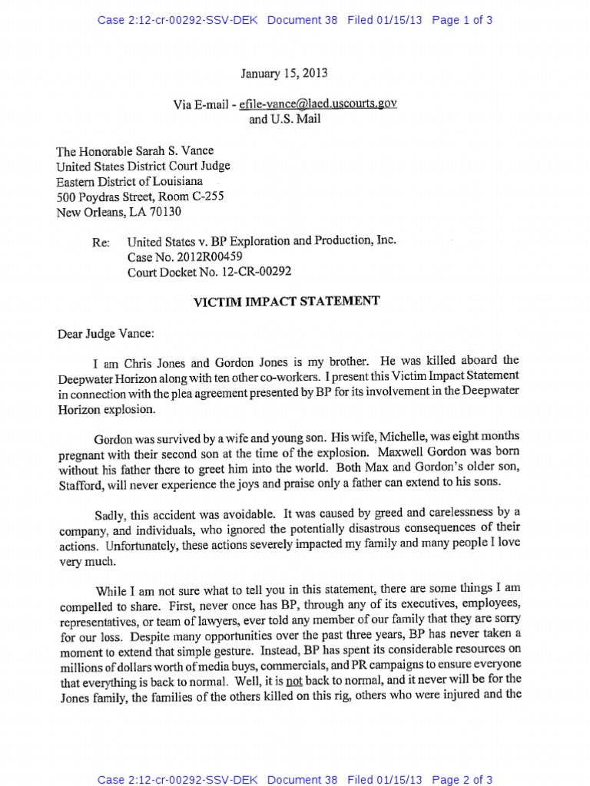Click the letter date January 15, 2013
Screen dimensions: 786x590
[x=284, y=74]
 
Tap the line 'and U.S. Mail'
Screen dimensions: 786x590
[x=285, y=119]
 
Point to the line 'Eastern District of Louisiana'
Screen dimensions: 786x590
[x=129, y=181]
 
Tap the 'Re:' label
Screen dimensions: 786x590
[x=101, y=243]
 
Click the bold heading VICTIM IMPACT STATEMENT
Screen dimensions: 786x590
[x=285, y=302]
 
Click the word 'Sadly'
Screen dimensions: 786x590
[x=110, y=512]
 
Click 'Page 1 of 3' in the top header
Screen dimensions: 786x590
[x=462, y=21]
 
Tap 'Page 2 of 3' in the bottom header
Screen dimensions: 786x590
[x=462, y=781]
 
